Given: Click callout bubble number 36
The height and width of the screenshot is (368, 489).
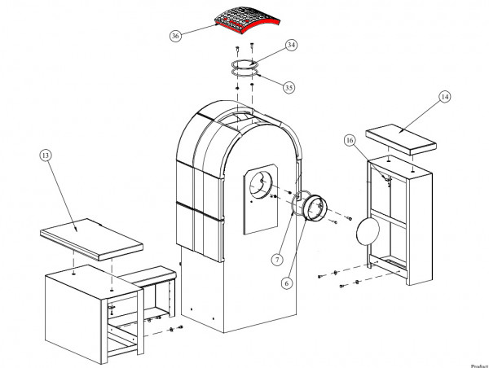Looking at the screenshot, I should (175, 36).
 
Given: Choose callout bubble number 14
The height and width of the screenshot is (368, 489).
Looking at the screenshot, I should (444, 97).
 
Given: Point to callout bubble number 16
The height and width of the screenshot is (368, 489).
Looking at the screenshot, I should (350, 140).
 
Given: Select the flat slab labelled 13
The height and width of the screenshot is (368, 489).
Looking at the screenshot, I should (92, 239).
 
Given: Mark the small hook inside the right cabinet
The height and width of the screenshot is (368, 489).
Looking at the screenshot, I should (389, 178).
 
